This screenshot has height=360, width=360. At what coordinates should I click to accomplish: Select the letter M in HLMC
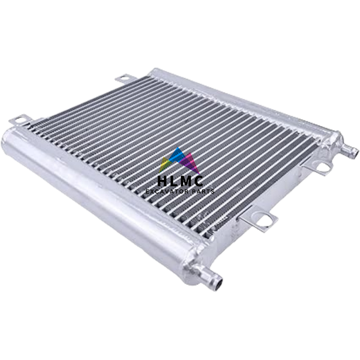pos(186,181)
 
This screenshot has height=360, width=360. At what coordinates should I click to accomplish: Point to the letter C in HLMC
pos(198,181)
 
